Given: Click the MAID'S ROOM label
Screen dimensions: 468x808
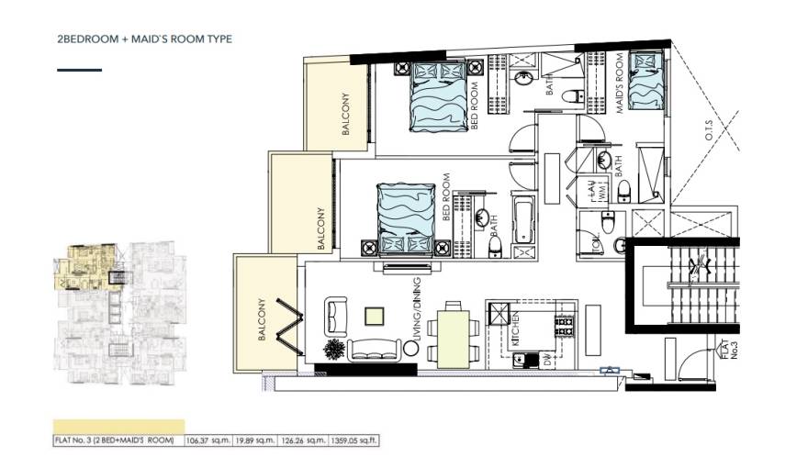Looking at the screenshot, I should click(x=620, y=84).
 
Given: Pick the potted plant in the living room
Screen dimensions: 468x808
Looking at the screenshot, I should click(x=335, y=350).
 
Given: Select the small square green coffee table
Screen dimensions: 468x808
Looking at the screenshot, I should click(x=374, y=318).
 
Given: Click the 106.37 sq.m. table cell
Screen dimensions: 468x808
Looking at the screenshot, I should click(x=209, y=440).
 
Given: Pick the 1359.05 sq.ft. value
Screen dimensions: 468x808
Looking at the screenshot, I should click(x=354, y=440).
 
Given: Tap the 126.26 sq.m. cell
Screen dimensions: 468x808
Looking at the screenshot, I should click(x=305, y=440).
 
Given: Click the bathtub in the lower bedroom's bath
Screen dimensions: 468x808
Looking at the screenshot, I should click(x=524, y=222).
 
